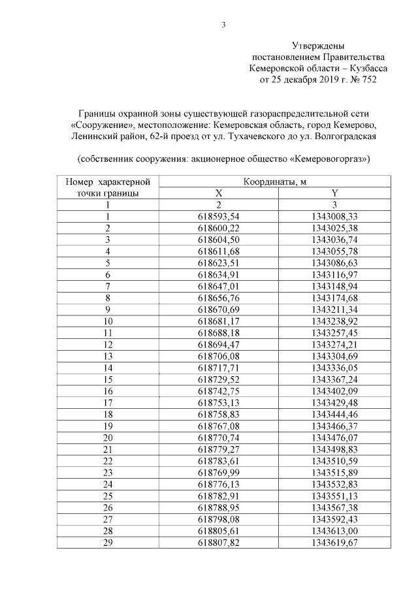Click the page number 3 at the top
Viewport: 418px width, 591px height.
224,25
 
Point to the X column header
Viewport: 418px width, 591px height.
219,193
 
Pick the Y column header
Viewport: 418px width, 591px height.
334,193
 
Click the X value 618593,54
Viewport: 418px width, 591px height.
219,216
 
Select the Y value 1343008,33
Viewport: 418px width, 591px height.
334,216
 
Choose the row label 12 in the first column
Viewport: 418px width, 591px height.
108,343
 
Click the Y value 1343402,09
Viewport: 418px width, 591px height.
334,391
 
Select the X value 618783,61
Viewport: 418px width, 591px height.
219,460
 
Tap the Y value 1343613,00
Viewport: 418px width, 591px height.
334,530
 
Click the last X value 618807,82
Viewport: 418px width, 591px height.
219,542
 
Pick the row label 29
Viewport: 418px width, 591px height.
108,542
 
